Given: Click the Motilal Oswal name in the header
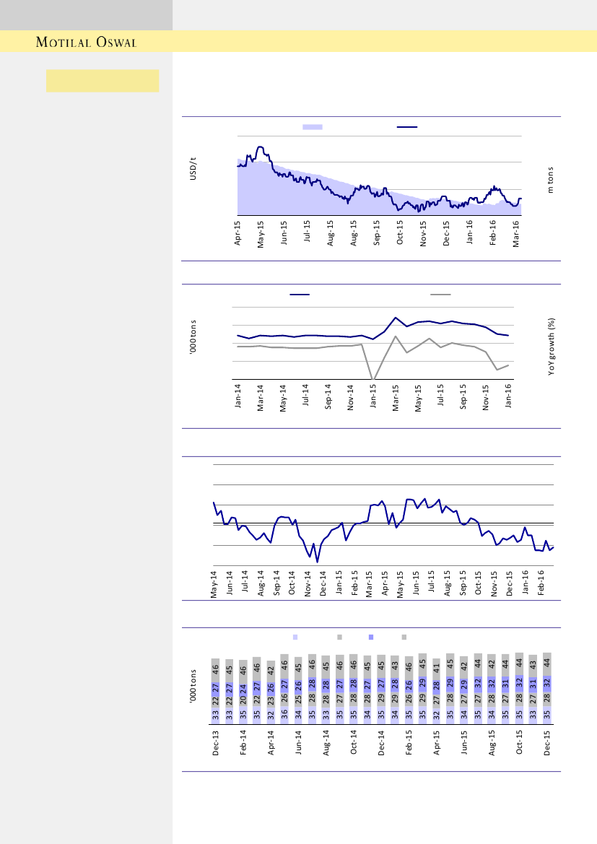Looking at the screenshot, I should tap(87, 42).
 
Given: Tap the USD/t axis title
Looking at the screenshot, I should tap(193, 169).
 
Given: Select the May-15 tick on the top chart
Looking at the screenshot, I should tap(261, 233).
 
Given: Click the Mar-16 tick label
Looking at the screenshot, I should tap(516, 233).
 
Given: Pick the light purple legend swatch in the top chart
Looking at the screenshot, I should tap(312, 126).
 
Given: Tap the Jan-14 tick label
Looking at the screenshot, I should tap(238, 396).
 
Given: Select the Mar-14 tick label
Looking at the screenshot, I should tap(261, 396).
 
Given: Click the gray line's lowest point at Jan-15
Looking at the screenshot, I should tap(372, 378).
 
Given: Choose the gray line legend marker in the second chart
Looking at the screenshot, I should tap(440, 295).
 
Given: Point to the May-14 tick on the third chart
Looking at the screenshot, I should tap(214, 584).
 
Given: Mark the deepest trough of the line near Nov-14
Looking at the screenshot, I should tap(317, 561).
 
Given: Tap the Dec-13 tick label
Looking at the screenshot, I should tap(216, 743).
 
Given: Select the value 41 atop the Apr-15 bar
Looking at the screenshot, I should tap(436, 665).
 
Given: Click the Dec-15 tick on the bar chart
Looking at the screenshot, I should tap(547, 743).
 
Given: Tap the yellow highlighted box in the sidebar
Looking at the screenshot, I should tap(103, 81).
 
